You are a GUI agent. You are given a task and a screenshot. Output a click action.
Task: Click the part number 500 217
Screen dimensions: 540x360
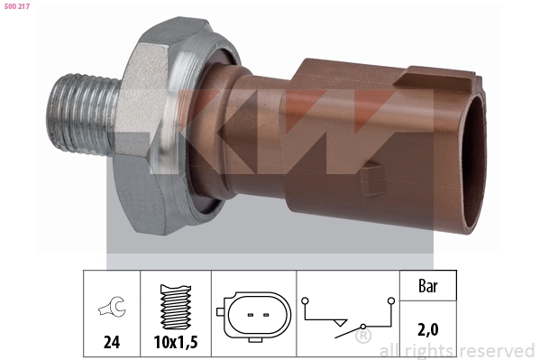pyautogui.click(x=17, y=6)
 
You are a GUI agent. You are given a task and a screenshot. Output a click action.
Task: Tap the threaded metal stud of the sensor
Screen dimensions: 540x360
pyautogui.click(x=82, y=115)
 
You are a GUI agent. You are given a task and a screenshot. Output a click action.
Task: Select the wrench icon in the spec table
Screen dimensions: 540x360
pyautogui.click(x=112, y=306)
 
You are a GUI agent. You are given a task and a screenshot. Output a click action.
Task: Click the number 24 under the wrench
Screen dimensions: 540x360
pyautogui.click(x=112, y=342)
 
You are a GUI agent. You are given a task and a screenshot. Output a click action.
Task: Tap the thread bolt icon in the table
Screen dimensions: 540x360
pyautogui.click(x=176, y=307)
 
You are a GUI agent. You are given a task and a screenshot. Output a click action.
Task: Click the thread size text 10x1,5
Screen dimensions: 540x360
pyautogui.click(x=176, y=342)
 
